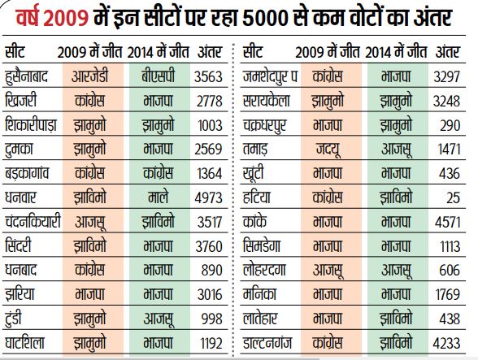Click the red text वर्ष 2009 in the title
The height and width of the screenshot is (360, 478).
click(52, 18)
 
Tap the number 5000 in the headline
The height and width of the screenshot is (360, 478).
click(266, 19)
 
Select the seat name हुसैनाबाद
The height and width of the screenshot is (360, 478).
click(27, 76)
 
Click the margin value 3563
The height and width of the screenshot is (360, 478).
click(208, 76)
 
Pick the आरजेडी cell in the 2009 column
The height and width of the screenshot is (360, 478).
click(90, 76)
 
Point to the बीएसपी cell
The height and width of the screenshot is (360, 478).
click(159, 76)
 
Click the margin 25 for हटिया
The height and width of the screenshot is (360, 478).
click(453, 197)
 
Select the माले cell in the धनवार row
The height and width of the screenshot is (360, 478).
click(158, 197)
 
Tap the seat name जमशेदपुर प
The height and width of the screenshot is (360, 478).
click(270, 76)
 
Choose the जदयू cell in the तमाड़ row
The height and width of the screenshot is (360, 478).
click(328, 150)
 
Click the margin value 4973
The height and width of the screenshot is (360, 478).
click(208, 197)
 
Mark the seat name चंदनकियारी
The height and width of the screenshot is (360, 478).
click(33, 222)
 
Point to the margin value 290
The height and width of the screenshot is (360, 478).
click(450, 125)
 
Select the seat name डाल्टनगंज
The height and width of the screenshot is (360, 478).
click(267, 343)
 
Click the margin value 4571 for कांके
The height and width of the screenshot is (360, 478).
click(447, 222)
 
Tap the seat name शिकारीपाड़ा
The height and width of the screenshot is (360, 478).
click(31, 125)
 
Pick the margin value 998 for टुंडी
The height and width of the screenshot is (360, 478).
click(211, 319)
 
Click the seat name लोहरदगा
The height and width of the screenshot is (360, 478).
click(264, 270)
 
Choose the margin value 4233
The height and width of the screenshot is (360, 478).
click(446, 343)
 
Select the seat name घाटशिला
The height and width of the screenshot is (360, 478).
click(24, 343)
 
